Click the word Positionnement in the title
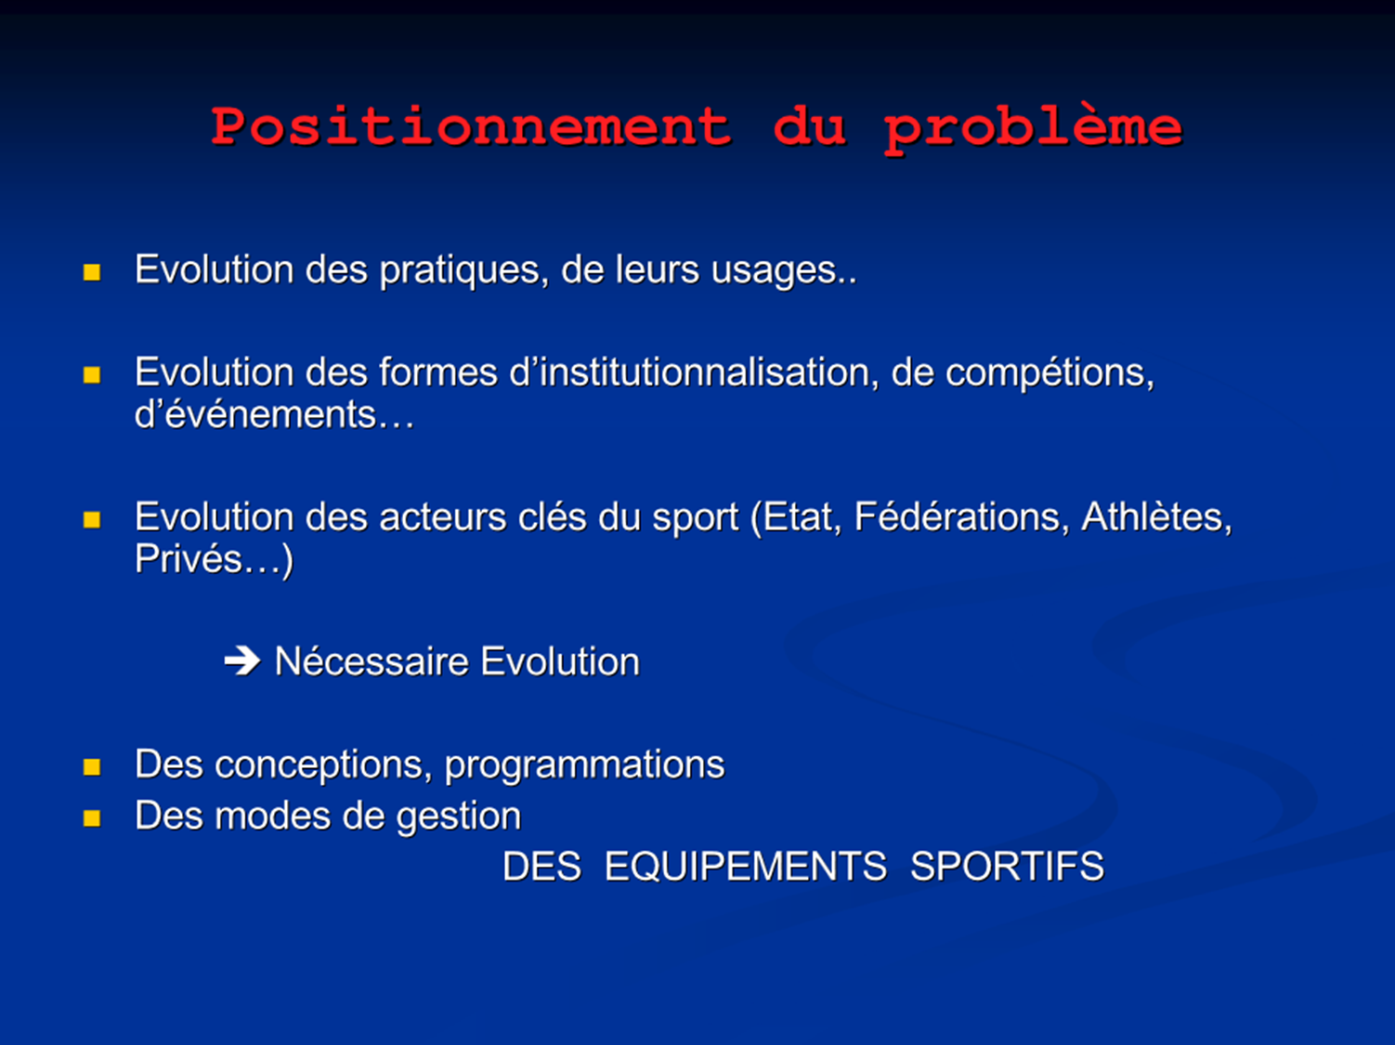pos(471,125)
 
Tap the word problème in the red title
pos(1033,129)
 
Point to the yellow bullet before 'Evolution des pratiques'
pos(92,273)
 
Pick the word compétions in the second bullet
pos(1050,373)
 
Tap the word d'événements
pos(255,414)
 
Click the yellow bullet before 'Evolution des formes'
pos(92,375)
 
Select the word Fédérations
pos(958,516)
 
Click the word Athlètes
pos(1156,516)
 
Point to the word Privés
pos(189,559)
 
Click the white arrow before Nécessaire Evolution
pos(242,661)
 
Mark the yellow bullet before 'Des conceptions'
pos(92,767)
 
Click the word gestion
pos(459,817)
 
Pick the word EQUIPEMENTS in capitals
pos(746,867)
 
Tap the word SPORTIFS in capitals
pos(1008,867)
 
